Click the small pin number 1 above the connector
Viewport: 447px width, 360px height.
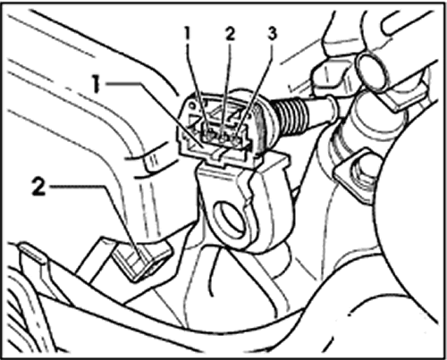coord(188,33)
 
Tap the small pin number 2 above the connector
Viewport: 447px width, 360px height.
coord(230,34)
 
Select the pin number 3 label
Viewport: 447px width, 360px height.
coord(272,33)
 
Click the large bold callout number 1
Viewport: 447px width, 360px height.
coord(96,84)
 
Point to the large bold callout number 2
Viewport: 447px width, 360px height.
coord(39,187)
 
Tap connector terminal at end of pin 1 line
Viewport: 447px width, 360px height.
coord(209,136)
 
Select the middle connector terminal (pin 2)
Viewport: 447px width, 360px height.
coord(223,136)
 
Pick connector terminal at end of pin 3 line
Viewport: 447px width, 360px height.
coord(237,138)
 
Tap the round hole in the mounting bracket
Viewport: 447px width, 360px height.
coord(230,221)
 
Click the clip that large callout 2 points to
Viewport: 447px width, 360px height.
coord(140,259)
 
